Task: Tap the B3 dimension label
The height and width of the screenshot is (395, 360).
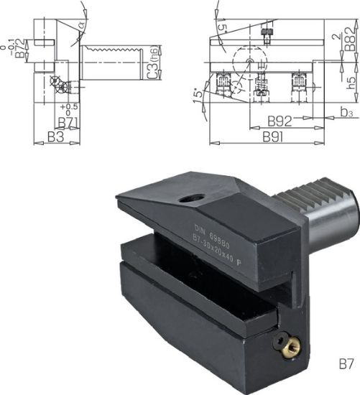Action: [x=54, y=136]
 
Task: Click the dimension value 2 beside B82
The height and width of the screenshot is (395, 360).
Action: [x=336, y=35]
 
